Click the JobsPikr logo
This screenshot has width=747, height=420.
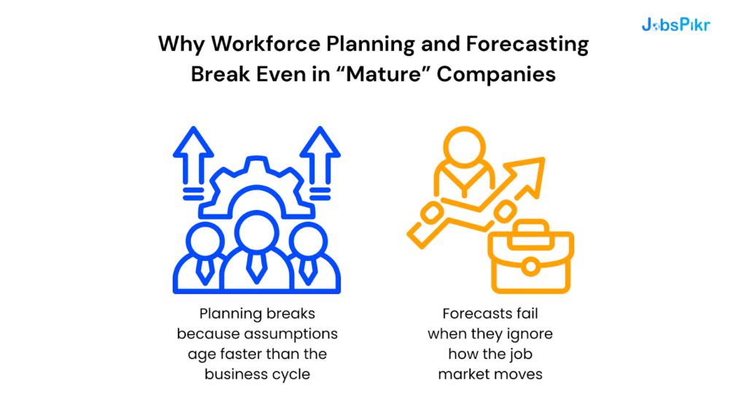[676, 25]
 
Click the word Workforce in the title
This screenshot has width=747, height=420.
[253, 44]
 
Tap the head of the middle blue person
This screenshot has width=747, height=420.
[257, 231]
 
